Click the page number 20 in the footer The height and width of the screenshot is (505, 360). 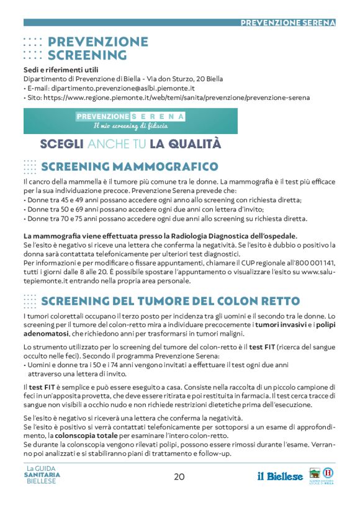click(x=179, y=477)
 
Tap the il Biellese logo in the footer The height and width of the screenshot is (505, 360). click(x=281, y=476)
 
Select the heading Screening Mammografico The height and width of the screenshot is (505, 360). click(x=129, y=166)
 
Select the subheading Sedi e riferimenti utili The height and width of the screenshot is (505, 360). click(x=61, y=69)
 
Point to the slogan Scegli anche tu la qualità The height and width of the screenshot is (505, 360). click(x=130, y=145)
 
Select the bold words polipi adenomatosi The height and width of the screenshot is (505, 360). click(x=179, y=329)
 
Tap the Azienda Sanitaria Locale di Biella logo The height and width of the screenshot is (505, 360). click(x=321, y=475)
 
